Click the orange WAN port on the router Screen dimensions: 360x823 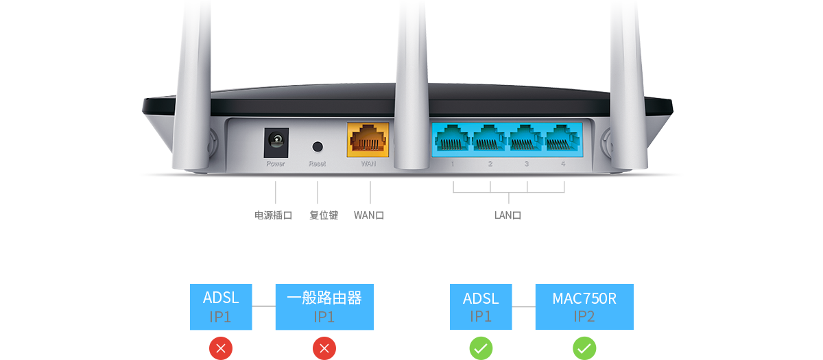368,139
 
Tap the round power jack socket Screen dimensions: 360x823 276,142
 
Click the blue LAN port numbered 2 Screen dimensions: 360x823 489,139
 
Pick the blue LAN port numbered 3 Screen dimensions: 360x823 526,139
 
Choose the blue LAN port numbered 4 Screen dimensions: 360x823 563,139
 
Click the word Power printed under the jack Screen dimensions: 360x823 276,164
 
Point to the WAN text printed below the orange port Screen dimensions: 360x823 368,164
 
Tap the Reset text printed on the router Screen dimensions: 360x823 317,164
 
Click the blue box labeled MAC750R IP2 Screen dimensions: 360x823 584,307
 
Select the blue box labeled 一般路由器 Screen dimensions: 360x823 324,307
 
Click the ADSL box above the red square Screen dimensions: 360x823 221,307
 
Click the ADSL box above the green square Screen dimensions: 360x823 481,307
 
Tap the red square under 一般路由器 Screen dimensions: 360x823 324,347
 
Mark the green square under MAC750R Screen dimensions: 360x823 584,347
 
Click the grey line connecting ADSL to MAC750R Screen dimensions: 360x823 523,307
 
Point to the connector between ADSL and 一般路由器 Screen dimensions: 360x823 263,306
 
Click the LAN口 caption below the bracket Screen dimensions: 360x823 508,215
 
